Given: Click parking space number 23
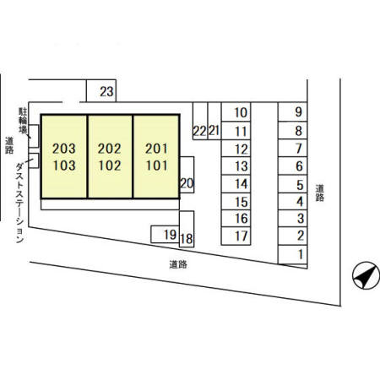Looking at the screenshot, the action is click(101, 90).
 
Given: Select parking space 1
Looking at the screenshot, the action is click(292, 254).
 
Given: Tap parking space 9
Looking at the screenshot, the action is click(292, 111).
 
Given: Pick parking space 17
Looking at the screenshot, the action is click(236, 236).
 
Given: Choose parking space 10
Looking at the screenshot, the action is click(236, 111).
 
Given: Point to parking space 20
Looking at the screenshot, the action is click(187, 175).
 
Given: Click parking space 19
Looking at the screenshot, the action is click(165, 234).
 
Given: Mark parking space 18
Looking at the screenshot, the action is click(187, 229).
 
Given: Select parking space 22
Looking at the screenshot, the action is click(200, 121).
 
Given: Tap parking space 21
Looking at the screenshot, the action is click(214, 121).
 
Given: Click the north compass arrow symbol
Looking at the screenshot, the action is click(366, 275).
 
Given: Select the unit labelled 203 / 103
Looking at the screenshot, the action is click(64, 156).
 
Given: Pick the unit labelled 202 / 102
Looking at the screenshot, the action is click(110, 156).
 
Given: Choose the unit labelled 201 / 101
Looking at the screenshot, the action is click(156, 156).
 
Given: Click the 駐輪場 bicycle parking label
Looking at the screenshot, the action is click(23, 121).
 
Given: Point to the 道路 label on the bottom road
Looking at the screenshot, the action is click(178, 264).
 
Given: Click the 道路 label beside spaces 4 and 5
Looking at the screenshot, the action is click(319, 193).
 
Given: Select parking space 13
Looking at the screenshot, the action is click(236, 166).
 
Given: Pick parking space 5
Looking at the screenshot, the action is click(292, 184).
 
